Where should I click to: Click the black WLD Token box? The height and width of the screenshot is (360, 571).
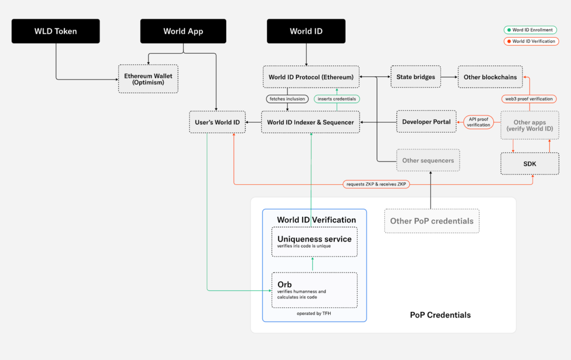pos(56,31)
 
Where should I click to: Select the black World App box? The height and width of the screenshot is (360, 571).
pos(183,31)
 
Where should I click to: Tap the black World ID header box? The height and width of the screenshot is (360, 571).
pos(306,31)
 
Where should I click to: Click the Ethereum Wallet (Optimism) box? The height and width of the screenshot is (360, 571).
pos(148,79)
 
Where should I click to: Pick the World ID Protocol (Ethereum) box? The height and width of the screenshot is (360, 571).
pos(311,77)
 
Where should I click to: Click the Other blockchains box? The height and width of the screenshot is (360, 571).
pos(490,77)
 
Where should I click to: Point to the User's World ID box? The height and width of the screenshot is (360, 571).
pos(217,122)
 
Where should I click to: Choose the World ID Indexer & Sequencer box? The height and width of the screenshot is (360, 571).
pos(310,122)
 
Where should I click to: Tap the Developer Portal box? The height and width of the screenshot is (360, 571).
pos(426,122)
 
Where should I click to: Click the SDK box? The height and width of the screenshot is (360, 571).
pos(530,163)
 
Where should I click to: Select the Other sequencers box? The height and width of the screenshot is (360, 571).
pos(428,160)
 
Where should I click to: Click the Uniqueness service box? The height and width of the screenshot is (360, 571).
pos(314,242)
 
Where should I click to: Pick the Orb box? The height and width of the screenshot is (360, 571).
pos(314,290)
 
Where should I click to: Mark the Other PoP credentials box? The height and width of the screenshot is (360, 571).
pos(432,221)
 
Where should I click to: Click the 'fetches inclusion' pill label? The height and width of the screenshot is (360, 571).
pos(287,99)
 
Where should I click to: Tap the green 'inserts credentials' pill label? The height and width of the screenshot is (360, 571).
pos(337,99)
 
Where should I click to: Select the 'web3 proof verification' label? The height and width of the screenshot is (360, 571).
pos(529,99)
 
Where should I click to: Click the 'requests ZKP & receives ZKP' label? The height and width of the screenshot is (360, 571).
pos(376,184)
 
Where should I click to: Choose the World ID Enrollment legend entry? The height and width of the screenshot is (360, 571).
pos(530,30)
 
